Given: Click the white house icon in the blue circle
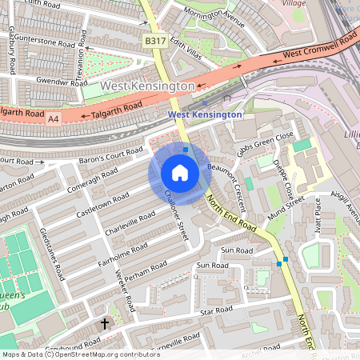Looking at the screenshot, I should [x=180, y=173].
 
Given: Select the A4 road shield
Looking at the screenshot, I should [x=54, y=119].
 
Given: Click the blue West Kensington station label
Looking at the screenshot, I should [x=205, y=114].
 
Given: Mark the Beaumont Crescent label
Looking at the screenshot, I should [x=227, y=180].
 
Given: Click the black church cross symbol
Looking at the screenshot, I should [x=104, y=324].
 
